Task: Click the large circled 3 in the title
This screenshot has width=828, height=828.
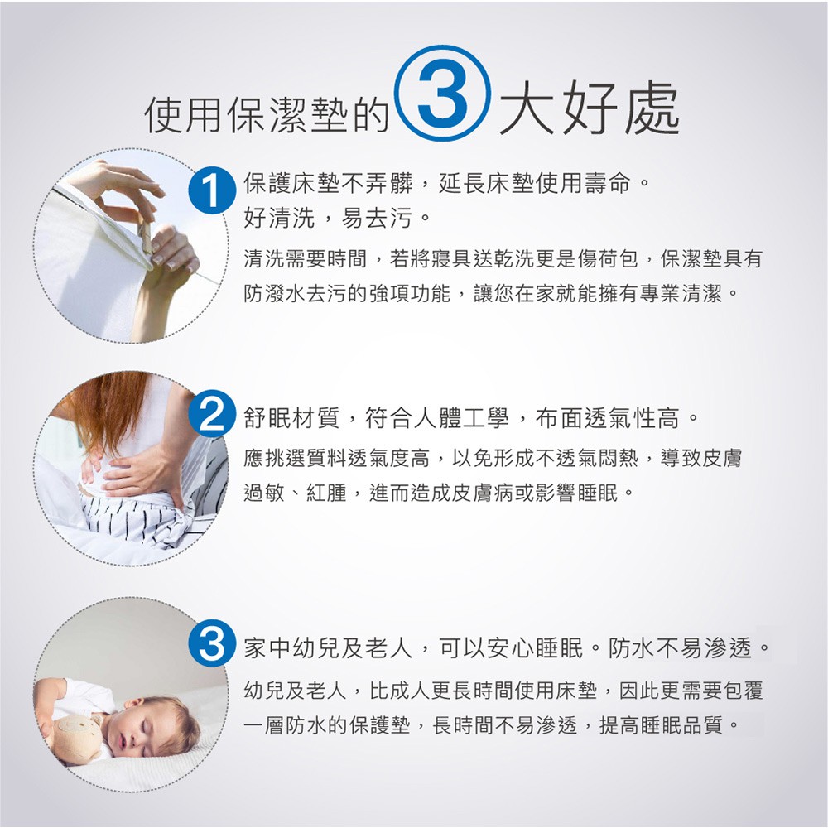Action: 443,94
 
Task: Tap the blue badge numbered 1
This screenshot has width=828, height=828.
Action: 212,190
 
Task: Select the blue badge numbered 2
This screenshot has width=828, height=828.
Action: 212,415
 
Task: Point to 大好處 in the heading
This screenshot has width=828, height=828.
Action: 588,109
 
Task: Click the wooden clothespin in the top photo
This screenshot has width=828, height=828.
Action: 145,237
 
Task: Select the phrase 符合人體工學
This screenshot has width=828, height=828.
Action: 436,418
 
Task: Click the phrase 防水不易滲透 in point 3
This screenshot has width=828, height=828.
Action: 680,647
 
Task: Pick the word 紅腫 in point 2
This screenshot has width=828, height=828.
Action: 325,493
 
